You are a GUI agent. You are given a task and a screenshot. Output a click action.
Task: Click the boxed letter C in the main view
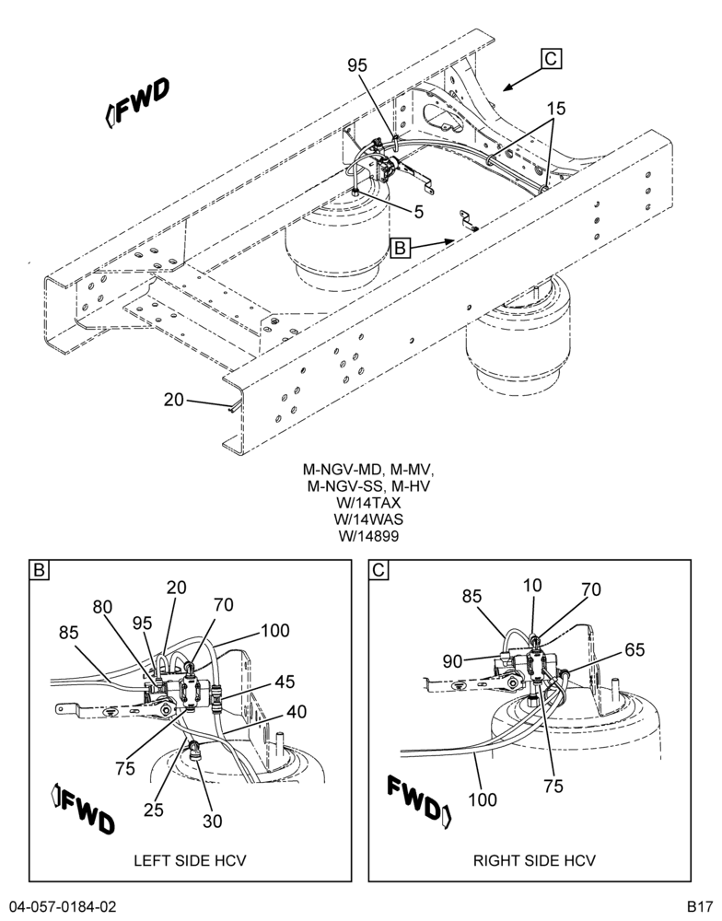[551, 59]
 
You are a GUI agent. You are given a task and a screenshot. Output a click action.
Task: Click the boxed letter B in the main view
[400, 248]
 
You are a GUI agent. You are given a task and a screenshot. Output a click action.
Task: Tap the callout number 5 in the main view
[419, 212]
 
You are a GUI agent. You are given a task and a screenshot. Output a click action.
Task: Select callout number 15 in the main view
[555, 108]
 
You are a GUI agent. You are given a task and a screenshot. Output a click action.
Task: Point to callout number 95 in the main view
[357, 65]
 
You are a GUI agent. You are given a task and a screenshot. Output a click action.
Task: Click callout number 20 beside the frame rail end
[174, 400]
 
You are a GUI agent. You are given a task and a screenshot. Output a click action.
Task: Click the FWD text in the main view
[137, 101]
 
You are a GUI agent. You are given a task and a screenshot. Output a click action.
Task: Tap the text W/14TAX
[367, 503]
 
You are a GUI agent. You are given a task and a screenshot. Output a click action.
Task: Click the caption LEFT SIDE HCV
[190, 860]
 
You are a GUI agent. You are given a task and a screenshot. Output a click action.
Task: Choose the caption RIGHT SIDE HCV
[534, 860]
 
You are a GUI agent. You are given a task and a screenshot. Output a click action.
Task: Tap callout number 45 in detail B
[284, 682]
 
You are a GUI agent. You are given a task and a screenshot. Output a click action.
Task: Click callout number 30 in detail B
[213, 822]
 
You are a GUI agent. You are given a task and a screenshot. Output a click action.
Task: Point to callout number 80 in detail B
[103, 606]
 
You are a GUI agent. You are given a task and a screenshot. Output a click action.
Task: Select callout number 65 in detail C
[634, 649]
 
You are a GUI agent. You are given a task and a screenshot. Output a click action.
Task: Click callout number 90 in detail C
[453, 661]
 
